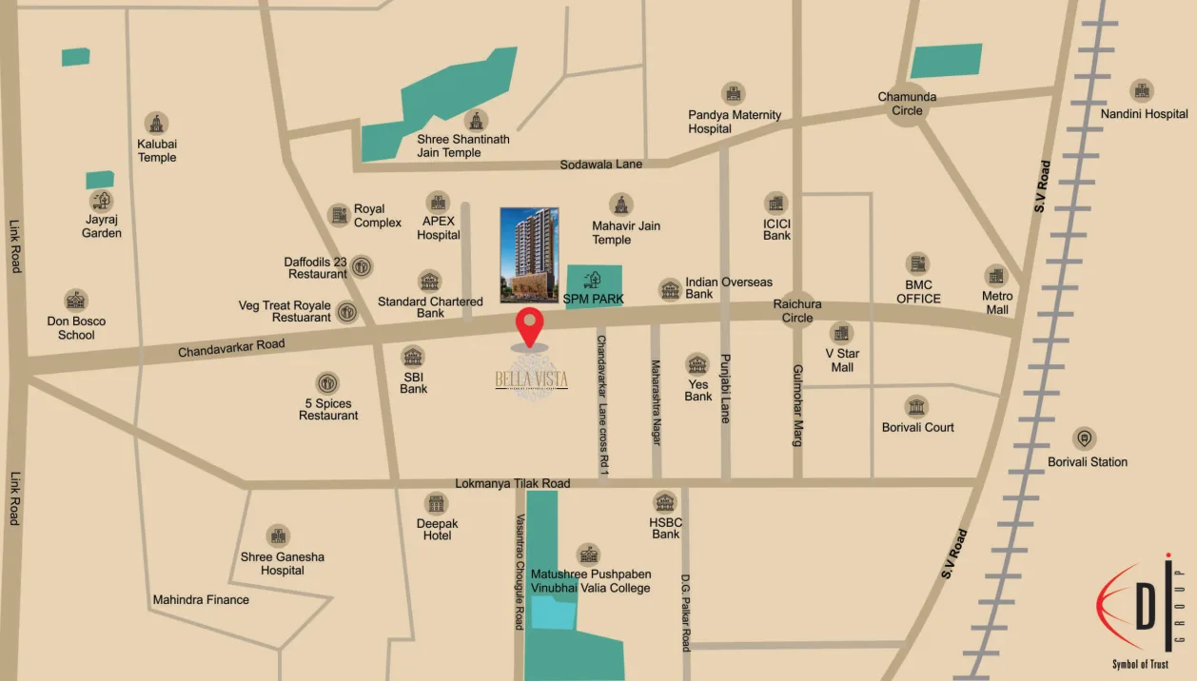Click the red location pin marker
530,326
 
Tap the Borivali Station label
1088,462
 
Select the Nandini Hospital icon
1142,91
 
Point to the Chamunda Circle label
907,104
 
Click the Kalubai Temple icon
156,123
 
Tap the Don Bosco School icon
76,301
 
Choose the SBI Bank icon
413,357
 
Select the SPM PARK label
594,299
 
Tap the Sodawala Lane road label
600,165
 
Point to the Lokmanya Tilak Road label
512,483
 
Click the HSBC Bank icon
665,502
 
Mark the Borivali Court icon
916,406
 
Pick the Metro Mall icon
996,276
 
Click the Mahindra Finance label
201,600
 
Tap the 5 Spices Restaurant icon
327,383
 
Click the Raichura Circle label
797,311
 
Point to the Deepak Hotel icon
437,503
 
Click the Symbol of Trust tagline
1140,664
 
